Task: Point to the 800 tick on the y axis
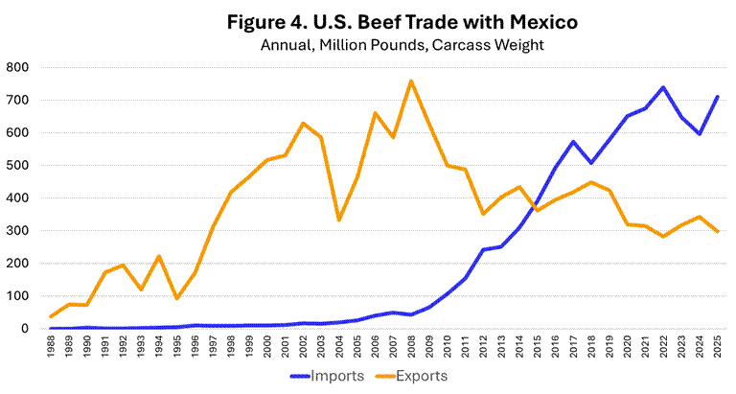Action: (17, 67)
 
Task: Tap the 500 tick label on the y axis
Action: (17, 165)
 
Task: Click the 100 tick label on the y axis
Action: (17, 295)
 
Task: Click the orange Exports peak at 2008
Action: (411, 81)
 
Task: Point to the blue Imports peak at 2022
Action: (663, 87)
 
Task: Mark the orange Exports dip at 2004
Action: (339, 220)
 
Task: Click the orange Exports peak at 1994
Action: (159, 256)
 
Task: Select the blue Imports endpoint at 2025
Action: (717, 96)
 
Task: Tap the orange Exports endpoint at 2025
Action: (717, 232)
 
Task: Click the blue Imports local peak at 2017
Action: (573, 142)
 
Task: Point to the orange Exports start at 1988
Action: (51, 316)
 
